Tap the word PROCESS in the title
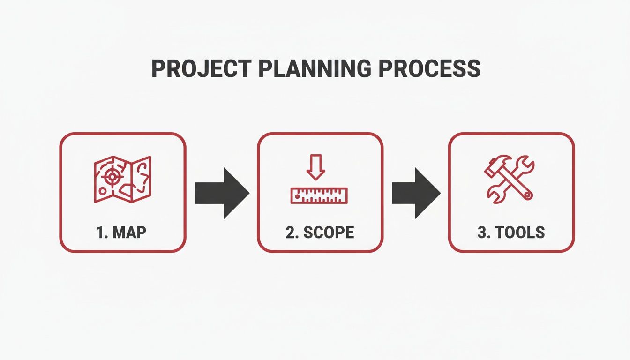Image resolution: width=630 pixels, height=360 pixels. tap(429, 69)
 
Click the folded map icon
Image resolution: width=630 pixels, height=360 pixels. tap(122, 180)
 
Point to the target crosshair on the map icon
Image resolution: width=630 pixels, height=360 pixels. tap(111, 177)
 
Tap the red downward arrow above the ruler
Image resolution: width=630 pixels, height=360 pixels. tap(315, 169)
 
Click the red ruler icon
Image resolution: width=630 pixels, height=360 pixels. tap(319, 195)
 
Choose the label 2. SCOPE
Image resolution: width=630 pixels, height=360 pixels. tap(320, 232)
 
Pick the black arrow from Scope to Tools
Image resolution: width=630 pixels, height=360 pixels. tap(415, 192)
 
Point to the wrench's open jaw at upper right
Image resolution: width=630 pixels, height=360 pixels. tap(528, 165)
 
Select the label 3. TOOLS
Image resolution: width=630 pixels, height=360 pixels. tap(511, 232)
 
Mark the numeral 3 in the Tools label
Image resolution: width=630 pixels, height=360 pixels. tap(481, 232)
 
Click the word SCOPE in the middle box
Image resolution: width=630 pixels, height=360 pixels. tap(328, 232)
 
